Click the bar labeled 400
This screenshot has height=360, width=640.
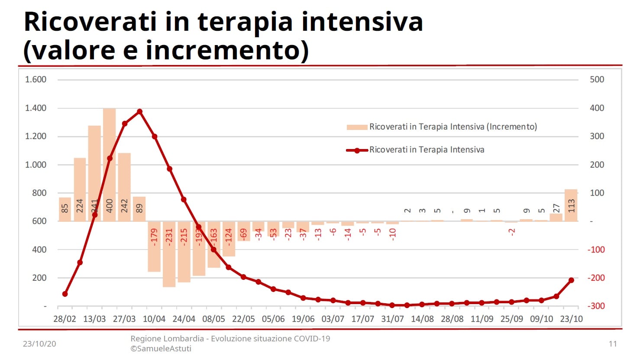(x=109, y=165)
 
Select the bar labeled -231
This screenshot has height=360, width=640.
(x=169, y=254)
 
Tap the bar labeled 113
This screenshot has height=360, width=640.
(x=571, y=205)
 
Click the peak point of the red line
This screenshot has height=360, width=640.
(x=139, y=112)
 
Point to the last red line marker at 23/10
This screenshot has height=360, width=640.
(x=571, y=280)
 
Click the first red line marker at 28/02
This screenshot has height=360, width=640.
(x=65, y=294)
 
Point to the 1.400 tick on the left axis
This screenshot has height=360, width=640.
(x=36, y=108)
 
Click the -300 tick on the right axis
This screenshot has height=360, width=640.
(x=596, y=306)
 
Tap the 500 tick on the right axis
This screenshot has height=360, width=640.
(x=597, y=79)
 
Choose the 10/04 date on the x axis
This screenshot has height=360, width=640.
(x=154, y=319)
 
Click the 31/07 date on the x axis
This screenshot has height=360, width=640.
(x=392, y=319)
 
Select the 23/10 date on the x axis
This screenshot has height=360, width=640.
(x=571, y=319)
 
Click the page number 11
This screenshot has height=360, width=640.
(x=612, y=344)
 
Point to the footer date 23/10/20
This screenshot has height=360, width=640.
(x=39, y=344)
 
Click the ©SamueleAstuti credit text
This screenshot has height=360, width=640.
(x=161, y=349)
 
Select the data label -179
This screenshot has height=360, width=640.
(x=154, y=237)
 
